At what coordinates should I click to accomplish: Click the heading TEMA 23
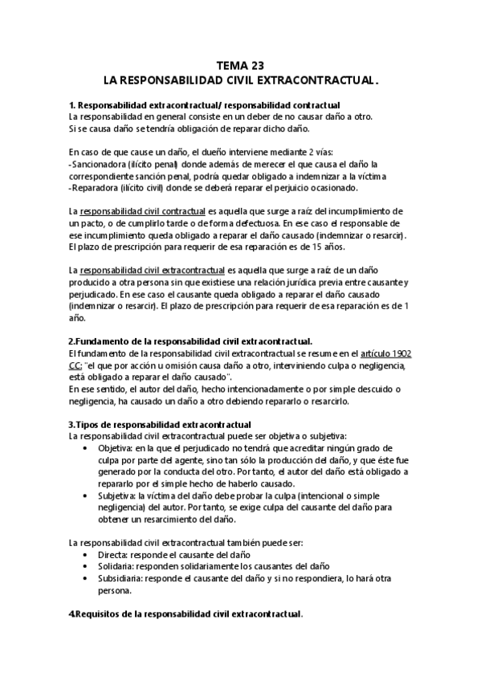pyautogui.click(x=240, y=66)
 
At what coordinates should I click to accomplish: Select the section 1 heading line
pyautogui.click(x=204, y=105)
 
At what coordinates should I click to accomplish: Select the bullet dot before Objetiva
pyautogui.click(x=86, y=447)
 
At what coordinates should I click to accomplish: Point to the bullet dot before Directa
pyautogui.click(x=86, y=554)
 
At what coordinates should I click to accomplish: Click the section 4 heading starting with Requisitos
pyautogui.click(x=185, y=614)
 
